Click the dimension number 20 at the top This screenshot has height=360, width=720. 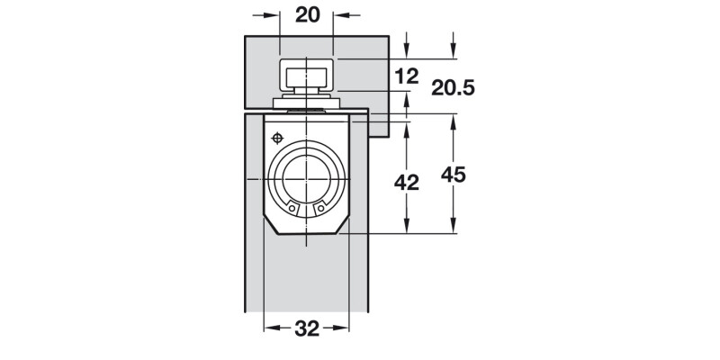coord(308,15)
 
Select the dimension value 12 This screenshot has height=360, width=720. coord(407,76)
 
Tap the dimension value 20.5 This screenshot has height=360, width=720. coord(453,86)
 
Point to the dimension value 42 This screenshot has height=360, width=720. coord(408,183)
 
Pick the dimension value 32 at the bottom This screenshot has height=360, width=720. coord(307,329)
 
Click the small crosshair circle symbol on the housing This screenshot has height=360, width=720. coord(277,138)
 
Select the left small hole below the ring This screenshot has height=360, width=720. coord(292,209)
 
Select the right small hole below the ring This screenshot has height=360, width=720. coord(321,209)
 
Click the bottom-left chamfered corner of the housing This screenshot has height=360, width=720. coord(272,224)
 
